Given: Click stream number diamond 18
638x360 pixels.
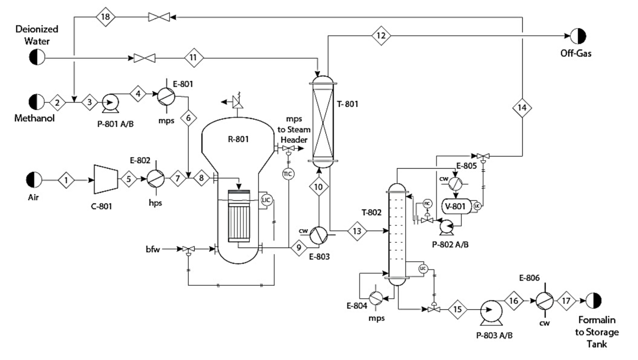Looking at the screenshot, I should point(105,17).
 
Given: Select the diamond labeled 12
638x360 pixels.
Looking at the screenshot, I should point(381,35).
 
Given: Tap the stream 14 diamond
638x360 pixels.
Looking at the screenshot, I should point(522,108).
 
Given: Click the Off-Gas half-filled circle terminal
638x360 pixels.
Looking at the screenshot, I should point(578,36).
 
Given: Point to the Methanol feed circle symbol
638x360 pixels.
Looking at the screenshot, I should point(36,102).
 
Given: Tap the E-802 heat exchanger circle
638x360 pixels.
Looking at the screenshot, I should point(156,178).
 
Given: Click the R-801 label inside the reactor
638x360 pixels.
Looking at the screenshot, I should point(238,139).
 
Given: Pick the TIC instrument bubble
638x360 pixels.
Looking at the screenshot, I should point(288,174).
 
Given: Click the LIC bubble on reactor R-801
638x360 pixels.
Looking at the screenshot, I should point(266,200).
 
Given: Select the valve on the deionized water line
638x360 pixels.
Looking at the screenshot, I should point(144,58).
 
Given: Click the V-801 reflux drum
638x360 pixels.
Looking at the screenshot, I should point(455,206).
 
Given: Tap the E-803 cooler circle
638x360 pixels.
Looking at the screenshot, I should point(318,235).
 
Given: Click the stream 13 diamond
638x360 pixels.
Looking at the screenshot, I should point(357,231).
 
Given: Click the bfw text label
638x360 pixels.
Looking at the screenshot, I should point(153,249).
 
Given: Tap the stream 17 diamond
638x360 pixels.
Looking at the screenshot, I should point(566,301).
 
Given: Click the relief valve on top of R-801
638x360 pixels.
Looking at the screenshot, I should point(238,102).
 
